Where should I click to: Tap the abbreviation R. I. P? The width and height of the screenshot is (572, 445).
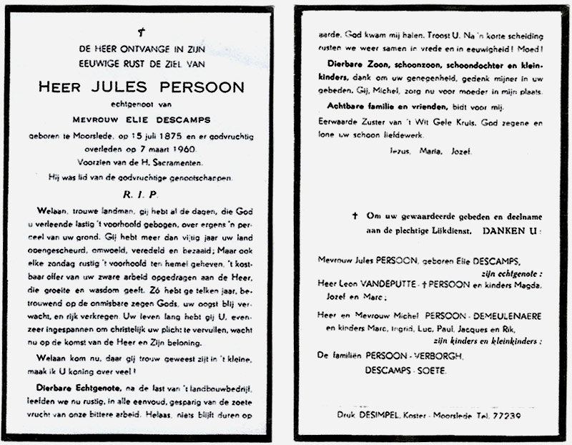click(x=142, y=195)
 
